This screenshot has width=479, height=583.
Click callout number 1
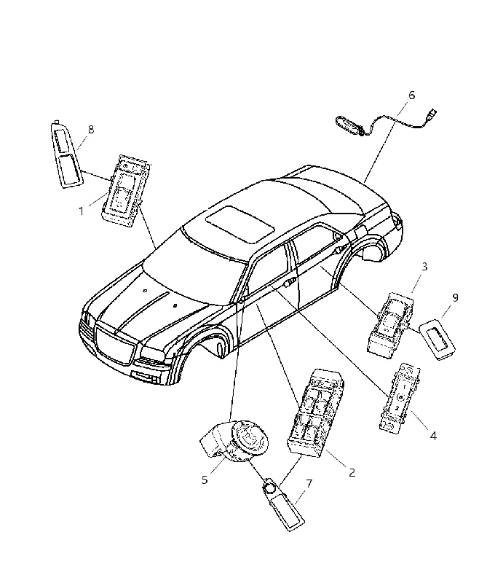click(81, 211)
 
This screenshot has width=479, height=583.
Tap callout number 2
click(352, 472)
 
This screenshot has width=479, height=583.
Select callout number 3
click(424, 266)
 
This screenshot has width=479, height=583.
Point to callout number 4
click(433, 435)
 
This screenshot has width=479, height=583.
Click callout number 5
click(205, 480)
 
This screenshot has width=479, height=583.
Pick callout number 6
click(411, 95)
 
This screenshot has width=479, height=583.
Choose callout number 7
click(309, 483)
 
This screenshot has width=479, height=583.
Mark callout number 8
click(90, 130)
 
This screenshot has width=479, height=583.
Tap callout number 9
click(455, 297)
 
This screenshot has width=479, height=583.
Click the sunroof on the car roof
click(240, 224)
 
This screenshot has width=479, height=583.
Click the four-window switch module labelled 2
click(316, 411)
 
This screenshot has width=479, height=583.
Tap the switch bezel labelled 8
click(67, 154)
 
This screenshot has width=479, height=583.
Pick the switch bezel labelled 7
click(284, 504)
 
